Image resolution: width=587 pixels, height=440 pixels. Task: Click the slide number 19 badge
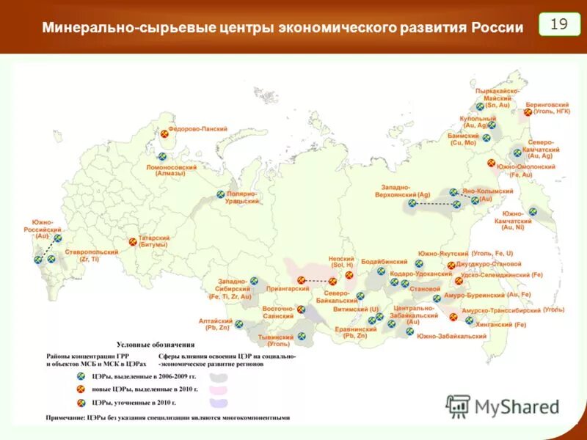559,24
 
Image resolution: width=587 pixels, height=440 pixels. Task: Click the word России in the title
492,28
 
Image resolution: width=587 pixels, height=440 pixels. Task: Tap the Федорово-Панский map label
197,128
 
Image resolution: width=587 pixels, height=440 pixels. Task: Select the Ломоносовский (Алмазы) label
172,170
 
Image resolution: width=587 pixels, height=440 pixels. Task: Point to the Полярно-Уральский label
241,197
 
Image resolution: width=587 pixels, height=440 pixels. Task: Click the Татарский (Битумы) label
154,241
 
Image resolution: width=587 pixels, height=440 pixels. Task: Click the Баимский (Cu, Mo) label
463,139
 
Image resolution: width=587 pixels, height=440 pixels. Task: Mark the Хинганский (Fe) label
500,324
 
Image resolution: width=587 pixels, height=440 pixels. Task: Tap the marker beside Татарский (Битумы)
133,241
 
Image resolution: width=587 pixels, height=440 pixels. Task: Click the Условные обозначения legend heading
156,344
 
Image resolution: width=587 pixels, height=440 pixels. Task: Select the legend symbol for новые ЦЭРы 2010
82,389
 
